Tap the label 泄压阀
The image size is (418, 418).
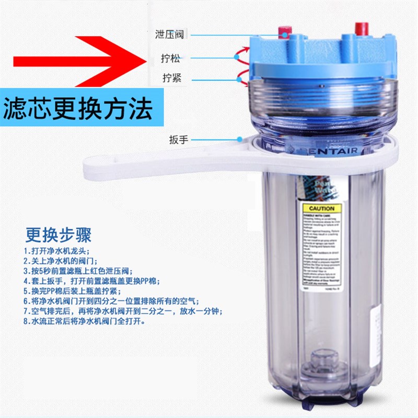[x=170, y=34]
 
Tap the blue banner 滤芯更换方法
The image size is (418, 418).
[x=78, y=109]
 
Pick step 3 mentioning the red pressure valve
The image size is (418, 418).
[x=78, y=271]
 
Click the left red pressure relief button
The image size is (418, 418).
[x=284, y=33]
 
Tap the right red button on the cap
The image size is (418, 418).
[x=361, y=28]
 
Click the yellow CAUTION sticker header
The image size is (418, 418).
[x=322, y=208]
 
